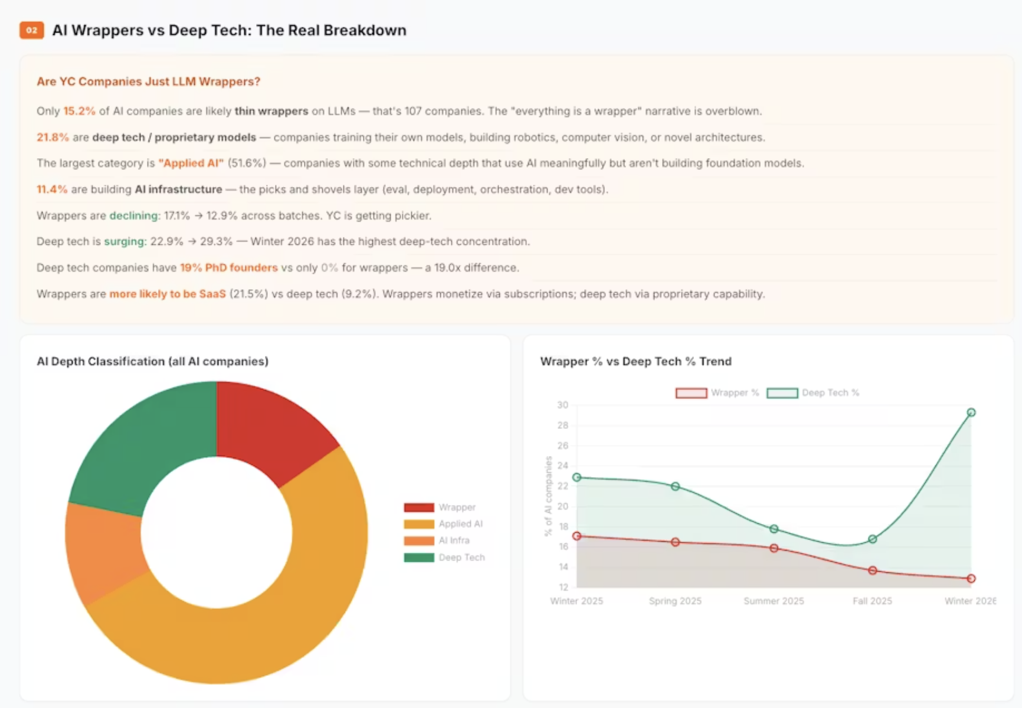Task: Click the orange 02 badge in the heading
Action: (31, 30)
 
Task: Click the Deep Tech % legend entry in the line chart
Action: (813, 393)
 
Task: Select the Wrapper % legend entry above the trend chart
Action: (718, 393)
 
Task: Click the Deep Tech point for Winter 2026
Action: (971, 412)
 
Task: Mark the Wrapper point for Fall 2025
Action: (872, 571)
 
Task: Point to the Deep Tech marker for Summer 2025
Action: (774, 529)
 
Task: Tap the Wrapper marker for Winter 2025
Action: (576, 536)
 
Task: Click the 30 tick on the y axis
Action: (562, 405)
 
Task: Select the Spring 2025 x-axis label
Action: (675, 601)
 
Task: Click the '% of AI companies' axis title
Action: (548, 496)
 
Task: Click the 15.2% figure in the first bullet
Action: (79, 111)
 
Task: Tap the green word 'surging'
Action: (124, 241)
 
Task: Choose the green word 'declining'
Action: (133, 215)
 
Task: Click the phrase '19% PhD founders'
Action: (228, 267)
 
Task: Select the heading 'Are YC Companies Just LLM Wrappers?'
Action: (148, 81)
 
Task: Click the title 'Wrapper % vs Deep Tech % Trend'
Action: (636, 361)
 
